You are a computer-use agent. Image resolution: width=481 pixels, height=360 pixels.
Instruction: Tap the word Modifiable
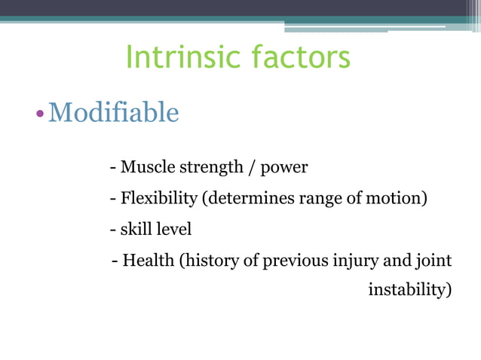113,113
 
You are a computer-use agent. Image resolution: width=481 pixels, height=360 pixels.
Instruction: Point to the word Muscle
145,167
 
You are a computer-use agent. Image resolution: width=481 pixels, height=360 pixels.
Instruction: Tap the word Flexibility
159,199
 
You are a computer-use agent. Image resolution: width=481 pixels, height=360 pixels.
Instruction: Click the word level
173,229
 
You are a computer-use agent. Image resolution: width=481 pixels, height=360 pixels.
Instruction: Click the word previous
296,261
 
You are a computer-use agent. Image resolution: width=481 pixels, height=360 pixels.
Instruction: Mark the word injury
357,261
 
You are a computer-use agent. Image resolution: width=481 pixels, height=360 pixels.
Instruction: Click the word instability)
409,290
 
